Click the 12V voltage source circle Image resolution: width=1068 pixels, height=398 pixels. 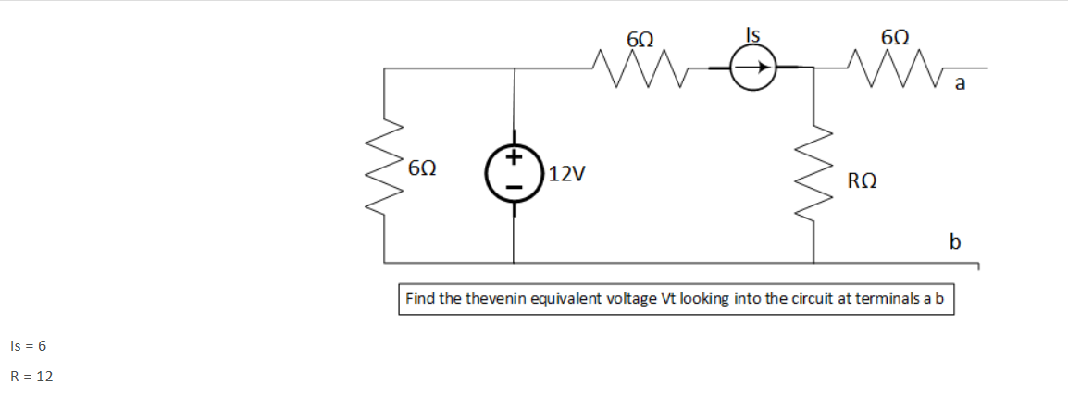click(x=515, y=172)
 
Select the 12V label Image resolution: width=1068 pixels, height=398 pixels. click(x=565, y=173)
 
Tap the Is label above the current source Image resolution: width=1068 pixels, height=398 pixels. click(x=753, y=35)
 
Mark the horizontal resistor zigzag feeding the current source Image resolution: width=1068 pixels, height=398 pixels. click(x=638, y=68)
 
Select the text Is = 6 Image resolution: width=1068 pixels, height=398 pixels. click(x=28, y=346)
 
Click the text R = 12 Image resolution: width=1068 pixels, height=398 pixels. click(x=31, y=377)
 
